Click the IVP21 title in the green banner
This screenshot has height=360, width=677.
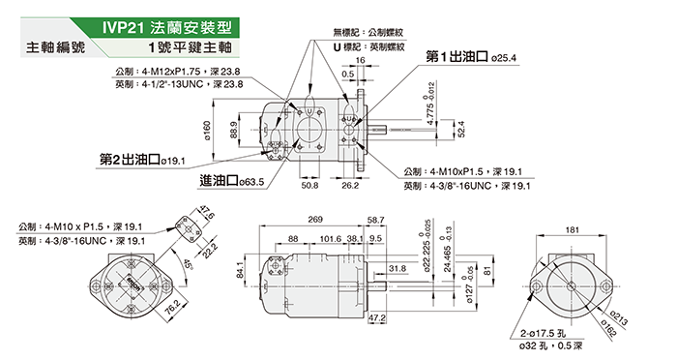pos(122,28)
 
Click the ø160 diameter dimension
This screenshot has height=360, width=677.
pos(207,131)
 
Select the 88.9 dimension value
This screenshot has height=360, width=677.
pos(234,130)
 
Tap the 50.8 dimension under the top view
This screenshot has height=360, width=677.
pos(309,185)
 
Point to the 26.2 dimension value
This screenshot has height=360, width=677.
pos(350,185)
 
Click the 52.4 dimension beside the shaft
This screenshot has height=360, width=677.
pos(461,130)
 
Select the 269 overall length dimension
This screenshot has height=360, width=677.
pos(315,220)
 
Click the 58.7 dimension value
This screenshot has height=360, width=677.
pos(375,220)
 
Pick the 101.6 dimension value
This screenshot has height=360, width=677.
pos(331,239)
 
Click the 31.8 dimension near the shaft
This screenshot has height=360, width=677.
pos(397,268)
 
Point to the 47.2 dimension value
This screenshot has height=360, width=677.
pos(377,318)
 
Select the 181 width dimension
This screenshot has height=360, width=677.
pos(573,230)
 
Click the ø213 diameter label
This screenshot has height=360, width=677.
pos(618,317)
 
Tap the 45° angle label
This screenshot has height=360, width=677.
pos(188,263)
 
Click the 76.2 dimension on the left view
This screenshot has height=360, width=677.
pos(173,308)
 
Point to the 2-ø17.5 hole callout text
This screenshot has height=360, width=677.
pos(543,333)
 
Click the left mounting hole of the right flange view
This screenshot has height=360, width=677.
pos(537,286)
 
